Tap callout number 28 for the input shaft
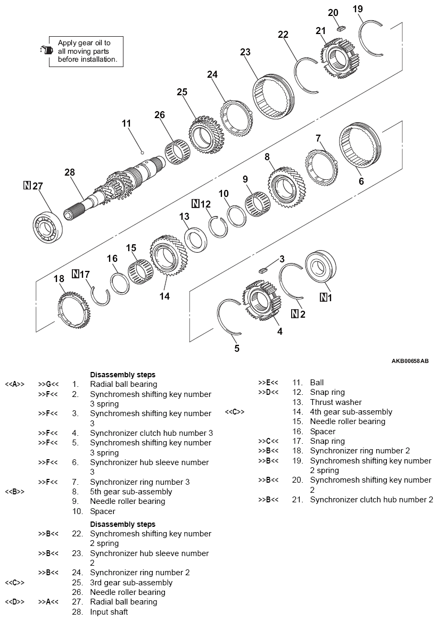click(x=70, y=172)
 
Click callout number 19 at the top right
click(x=358, y=9)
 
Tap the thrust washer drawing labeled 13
click(x=196, y=239)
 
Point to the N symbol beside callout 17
click(x=76, y=274)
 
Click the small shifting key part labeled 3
click(x=263, y=270)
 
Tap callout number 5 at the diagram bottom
click(x=237, y=349)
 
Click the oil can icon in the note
click(x=47, y=51)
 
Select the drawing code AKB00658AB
click(x=409, y=361)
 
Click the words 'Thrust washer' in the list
click(x=335, y=402)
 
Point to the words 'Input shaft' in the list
click(x=109, y=612)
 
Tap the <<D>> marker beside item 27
click(x=15, y=602)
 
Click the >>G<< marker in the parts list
click(x=48, y=384)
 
